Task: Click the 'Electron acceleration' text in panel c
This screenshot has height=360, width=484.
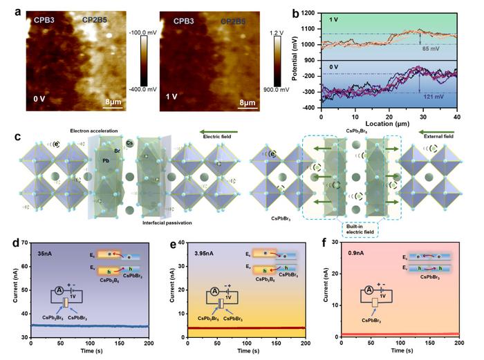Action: coord(93,131)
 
